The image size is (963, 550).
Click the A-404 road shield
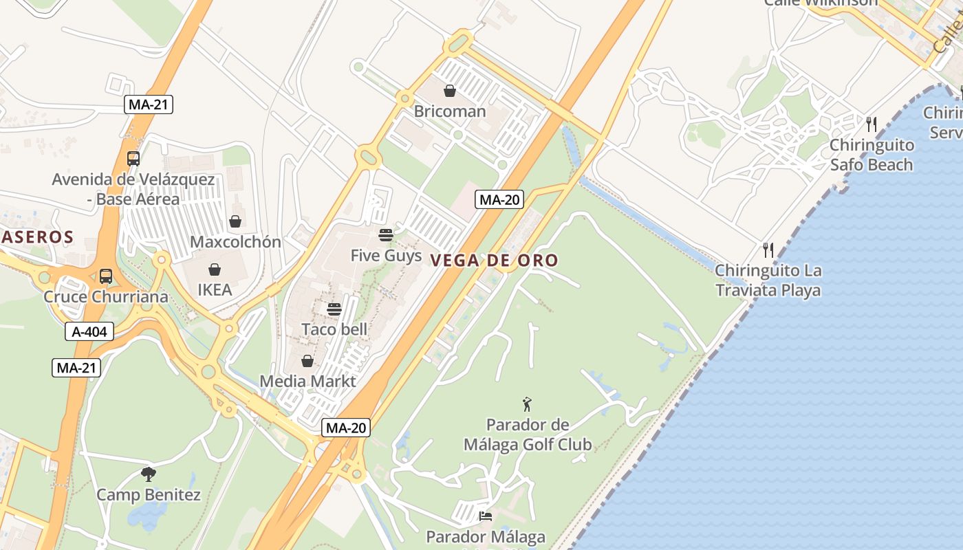[89, 332]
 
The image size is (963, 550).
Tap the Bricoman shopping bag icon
[450, 91]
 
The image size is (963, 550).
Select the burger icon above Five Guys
[386, 235]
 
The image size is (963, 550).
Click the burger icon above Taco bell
[334, 309]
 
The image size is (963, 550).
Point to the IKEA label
[215, 290]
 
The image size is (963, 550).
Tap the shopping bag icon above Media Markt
[307, 361]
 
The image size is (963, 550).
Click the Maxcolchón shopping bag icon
[235, 221]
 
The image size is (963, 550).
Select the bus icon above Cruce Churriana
[106, 276]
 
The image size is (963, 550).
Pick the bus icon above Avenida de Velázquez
[133, 159]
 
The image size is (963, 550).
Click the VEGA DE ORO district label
[494, 260]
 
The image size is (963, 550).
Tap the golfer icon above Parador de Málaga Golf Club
[528, 404]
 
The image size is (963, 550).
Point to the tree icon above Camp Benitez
[149, 474]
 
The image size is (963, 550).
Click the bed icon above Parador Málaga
[486, 516]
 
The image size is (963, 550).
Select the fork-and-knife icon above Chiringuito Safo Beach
[872, 124]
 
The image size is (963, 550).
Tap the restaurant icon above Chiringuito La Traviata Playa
[768, 250]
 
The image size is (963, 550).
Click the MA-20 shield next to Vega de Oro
[499, 200]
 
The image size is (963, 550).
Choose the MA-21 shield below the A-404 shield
[76, 368]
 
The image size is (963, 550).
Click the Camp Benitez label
[149, 495]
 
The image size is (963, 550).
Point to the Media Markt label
[307, 381]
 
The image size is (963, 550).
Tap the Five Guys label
[386, 256]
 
